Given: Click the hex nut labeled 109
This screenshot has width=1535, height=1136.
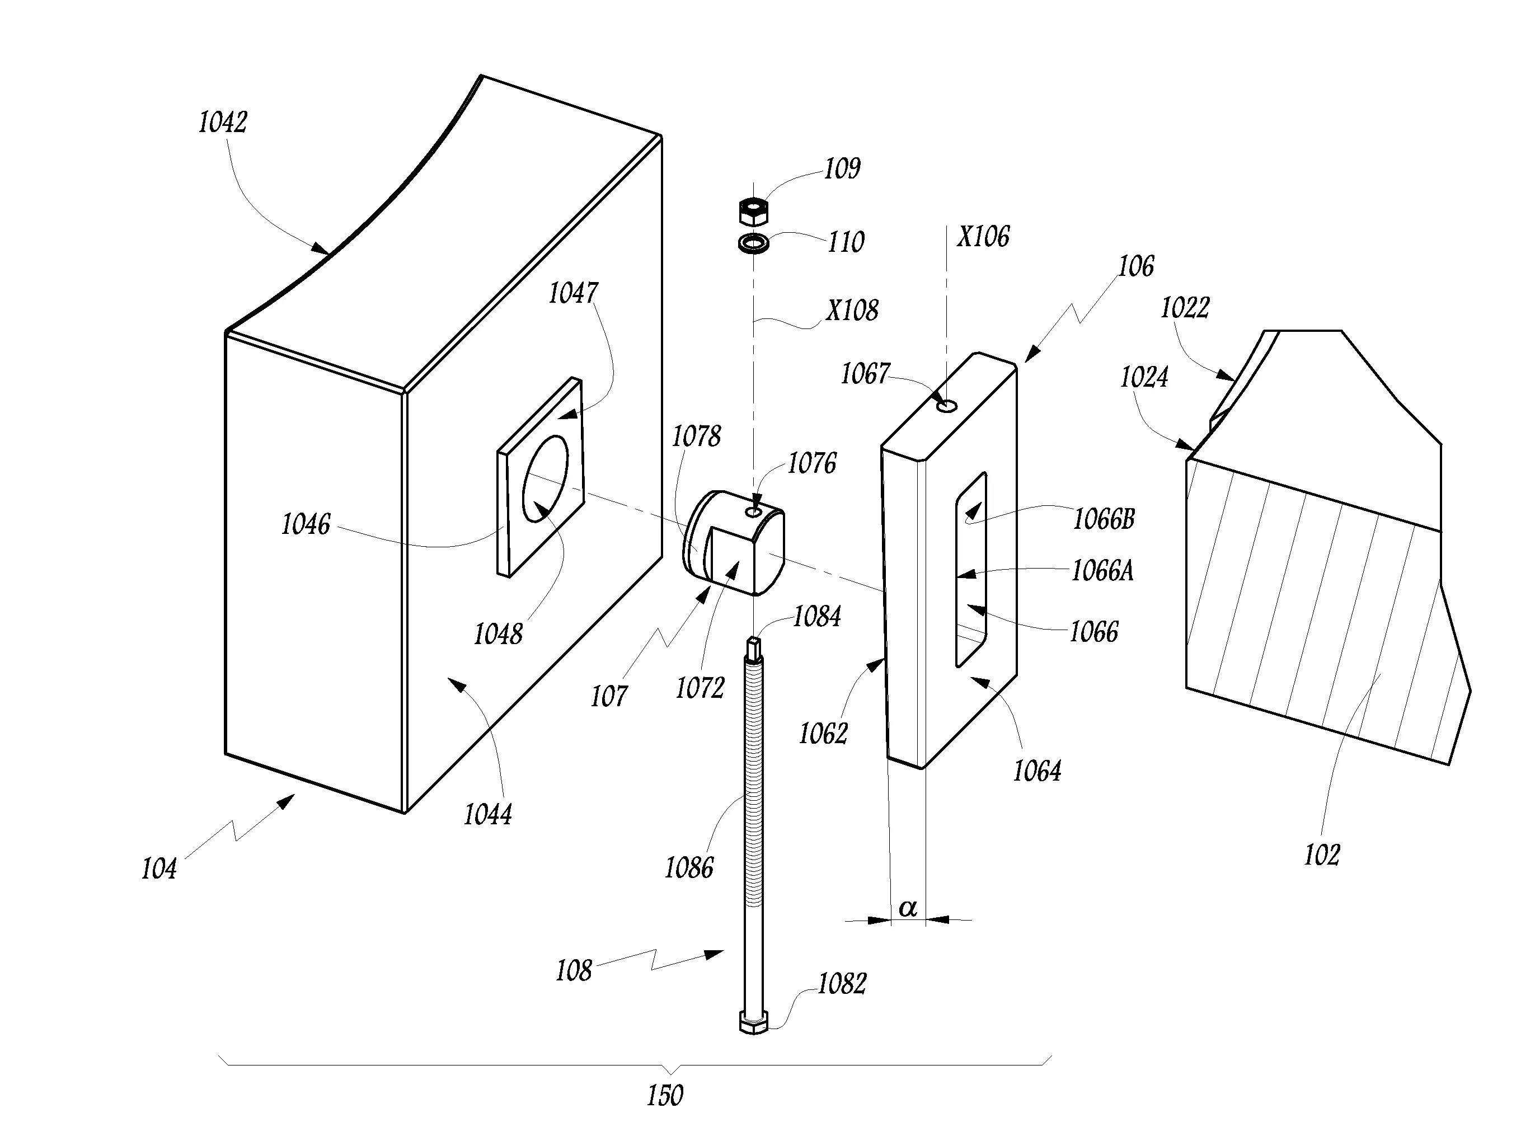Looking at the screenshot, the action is [753, 211].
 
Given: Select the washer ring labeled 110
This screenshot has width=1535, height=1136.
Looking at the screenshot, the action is [753, 243].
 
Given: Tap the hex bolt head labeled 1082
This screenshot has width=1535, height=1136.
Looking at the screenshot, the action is [753, 1022].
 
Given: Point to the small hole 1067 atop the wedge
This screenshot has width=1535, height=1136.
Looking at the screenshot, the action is [947, 406].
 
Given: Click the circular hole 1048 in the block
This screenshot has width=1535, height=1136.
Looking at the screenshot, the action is [546, 478].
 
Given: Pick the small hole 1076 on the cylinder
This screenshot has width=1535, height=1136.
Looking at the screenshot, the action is [754, 511].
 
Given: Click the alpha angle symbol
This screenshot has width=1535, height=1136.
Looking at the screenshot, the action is [908, 908].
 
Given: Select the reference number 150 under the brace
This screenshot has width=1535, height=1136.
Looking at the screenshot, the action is [664, 1095].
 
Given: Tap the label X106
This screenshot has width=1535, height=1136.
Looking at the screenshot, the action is [983, 237].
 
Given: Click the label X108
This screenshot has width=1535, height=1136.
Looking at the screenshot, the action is [852, 310].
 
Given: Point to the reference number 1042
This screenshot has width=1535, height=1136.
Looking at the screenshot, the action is [222, 123].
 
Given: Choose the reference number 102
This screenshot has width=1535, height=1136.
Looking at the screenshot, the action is [1322, 855].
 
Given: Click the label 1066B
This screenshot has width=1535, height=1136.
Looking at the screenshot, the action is [1104, 519].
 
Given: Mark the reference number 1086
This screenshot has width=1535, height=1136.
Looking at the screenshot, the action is [689, 868].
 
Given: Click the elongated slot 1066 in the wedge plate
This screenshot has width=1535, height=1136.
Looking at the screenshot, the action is [970, 569].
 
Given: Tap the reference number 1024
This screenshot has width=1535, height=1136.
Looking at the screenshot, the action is [1144, 377].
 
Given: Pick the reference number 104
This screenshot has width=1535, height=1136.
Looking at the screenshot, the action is [159, 869].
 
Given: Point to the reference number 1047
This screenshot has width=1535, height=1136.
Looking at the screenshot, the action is [573, 293].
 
